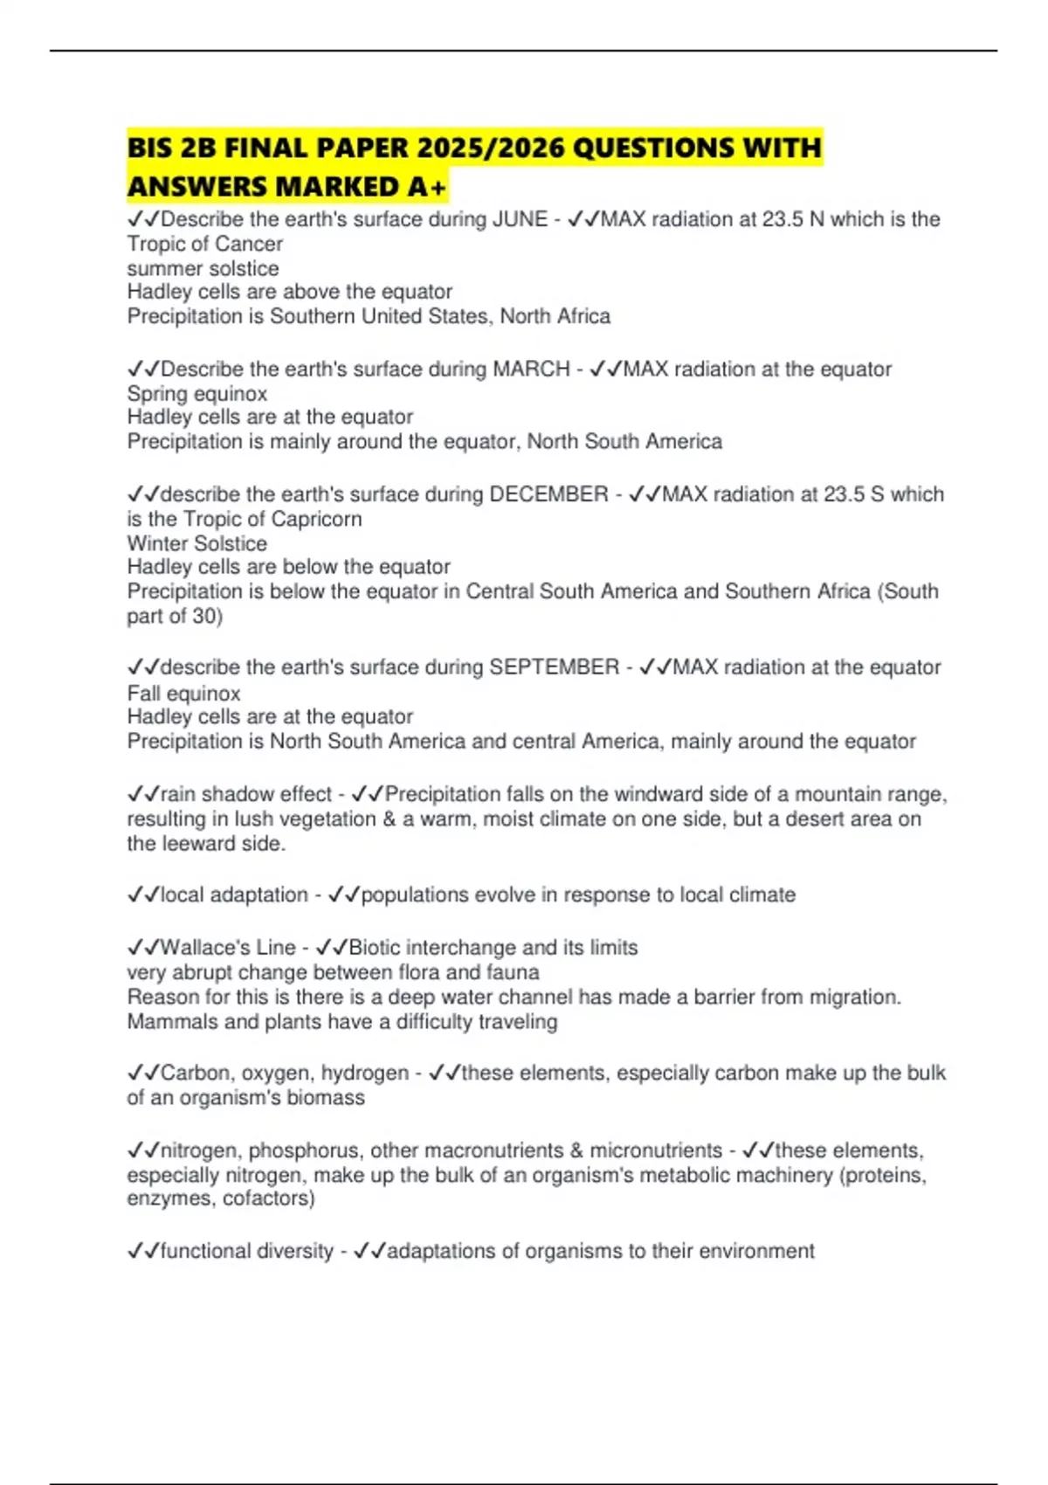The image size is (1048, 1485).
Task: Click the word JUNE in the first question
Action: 521,219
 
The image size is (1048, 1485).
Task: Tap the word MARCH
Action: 531,369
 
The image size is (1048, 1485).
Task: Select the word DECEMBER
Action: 548,494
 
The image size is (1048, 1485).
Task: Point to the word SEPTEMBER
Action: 554,667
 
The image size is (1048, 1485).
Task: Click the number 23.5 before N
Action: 783,219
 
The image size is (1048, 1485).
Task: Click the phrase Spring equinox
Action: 197,394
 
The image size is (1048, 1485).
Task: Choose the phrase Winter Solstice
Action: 197,543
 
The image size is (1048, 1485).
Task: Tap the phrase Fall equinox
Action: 183,694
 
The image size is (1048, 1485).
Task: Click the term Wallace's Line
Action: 228,948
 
